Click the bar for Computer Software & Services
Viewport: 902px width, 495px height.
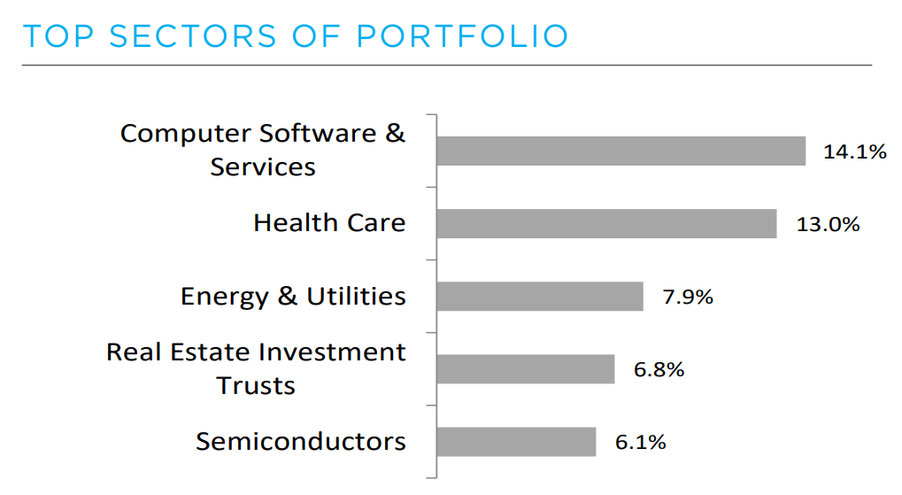coord(621,151)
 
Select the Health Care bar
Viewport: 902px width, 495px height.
coord(606,223)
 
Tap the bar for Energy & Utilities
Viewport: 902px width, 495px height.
coord(539,297)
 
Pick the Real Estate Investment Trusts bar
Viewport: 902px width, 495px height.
coord(525,369)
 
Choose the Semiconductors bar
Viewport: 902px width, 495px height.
coord(516,442)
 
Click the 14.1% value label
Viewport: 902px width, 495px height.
coord(854,151)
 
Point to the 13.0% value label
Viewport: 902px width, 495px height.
coord(828,224)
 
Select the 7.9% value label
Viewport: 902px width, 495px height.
coord(688,297)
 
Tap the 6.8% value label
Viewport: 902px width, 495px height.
coord(659,369)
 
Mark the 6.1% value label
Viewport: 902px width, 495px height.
coord(640,442)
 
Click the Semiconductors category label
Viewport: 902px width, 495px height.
coord(301,441)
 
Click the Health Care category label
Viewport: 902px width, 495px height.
coord(329,222)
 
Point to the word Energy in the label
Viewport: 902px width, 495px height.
coord(225,296)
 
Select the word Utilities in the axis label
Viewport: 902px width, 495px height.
coord(357,296)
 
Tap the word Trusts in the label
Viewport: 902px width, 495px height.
coord(256,385)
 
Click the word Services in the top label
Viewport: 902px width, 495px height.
coord(263,166)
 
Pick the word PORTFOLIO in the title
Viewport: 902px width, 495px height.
coord(462,36)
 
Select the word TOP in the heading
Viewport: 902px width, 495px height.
coord(58,36)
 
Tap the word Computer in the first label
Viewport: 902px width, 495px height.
coord(186,134)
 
